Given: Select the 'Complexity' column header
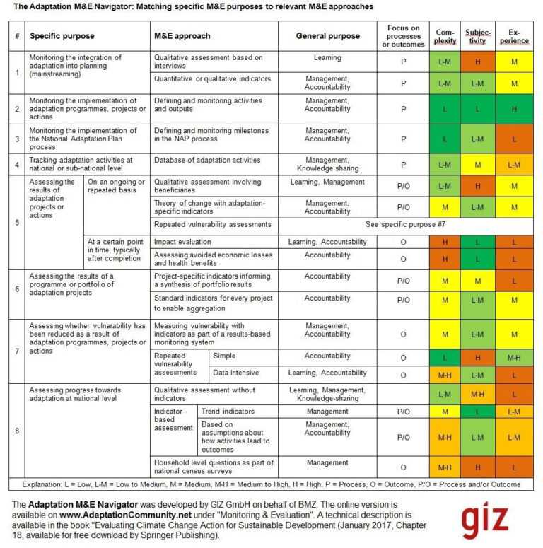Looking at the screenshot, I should click(444, 36).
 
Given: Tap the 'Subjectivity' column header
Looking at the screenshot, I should click(477, 36).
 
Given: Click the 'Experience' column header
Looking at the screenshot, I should click(514, 36).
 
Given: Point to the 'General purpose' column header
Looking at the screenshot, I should click(327, 36).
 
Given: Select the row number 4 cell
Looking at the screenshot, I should click(17, 165).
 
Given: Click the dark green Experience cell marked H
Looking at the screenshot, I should click(514, 110).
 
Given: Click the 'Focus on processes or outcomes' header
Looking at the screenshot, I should click(404, 36).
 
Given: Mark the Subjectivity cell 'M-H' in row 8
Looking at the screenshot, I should click(477, 395).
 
